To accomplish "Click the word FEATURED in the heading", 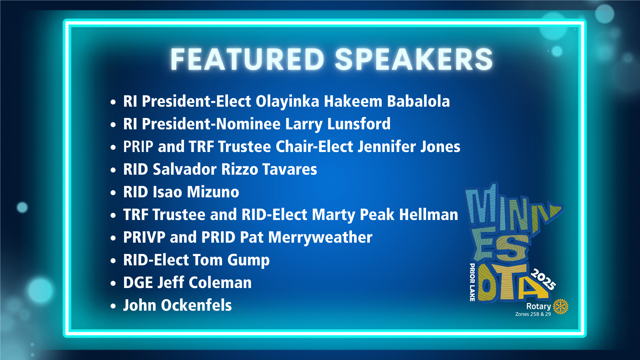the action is (x=247, y=59).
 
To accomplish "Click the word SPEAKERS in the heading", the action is (x=414, y=59).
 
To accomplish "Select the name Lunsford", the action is (x=359, y=124).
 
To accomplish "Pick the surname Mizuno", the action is (x=213, y=192).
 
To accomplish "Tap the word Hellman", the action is (x=429, y=214).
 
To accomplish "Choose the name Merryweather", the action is (x=320, y=237).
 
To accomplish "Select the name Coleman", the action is (x=220, y=282).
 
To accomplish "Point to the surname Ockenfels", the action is (x=196, y=305).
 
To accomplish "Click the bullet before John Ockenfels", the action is (x=113, y=306).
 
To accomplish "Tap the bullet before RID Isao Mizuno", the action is (x=113, y=193).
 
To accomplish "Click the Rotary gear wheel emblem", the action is (x=561, y=306).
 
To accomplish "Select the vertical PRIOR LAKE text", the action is (x=472, y=282).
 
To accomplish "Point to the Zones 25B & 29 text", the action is (x=533, y=314).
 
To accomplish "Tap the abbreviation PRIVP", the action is (x=144, y=237).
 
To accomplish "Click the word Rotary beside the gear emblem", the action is (x=539, y=306).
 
